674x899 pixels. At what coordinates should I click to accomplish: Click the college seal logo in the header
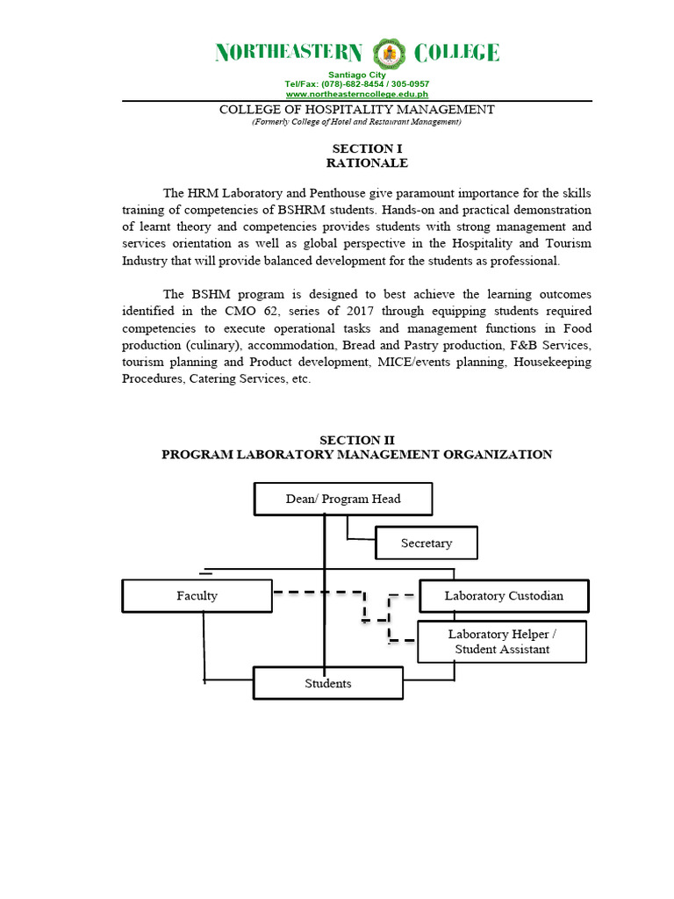coord(389,54)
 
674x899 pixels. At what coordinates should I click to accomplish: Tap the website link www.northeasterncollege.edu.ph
coord(356,93)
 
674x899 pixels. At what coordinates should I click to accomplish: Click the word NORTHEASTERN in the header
coord(289,54)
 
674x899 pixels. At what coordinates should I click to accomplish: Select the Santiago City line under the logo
coord(356,76)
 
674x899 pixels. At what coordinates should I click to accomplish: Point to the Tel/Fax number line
coord(356,84)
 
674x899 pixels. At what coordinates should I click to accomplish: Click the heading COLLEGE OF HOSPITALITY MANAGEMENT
coord(356,110)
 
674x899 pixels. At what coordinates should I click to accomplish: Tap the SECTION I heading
coord(355,149)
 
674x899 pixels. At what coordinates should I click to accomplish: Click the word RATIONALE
coord(355,163)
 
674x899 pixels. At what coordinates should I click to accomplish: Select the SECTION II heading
coord(356,440)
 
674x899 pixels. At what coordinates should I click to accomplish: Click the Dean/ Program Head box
coord(343,499)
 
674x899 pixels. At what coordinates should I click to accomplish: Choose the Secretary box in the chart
coord(427,543)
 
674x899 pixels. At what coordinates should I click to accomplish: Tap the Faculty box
coord(197,596)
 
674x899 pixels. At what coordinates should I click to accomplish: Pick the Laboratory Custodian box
coord(504,596)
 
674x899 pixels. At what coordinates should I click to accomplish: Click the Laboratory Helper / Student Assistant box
coord(502,642)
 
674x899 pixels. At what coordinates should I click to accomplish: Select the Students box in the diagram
coord(328,683)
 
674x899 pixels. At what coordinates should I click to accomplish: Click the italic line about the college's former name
coord(356,122)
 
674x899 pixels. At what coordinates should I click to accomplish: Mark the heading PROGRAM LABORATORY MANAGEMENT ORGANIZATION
coord(356,454)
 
